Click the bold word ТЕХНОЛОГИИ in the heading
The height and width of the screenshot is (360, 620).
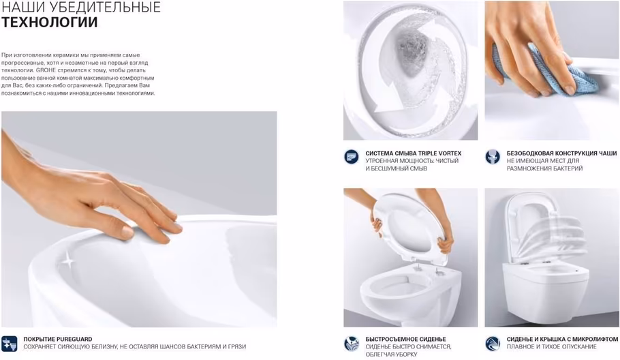coord(50,22)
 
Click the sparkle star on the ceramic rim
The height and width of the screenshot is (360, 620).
coord(68,260)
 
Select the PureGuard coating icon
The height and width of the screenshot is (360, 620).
coord(9,344)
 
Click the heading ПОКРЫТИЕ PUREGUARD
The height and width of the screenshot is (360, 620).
coord(58,339)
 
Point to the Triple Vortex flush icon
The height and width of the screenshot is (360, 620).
coord(351,157)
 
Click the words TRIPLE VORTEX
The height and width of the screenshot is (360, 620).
coord(439,153)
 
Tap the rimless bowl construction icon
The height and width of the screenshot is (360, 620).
coord(493,157)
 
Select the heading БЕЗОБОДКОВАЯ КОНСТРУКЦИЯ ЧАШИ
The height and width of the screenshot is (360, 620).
coord(561,153)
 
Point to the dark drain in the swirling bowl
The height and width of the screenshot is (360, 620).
coord(410,51)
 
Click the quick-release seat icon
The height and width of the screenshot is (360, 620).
coord(351,344)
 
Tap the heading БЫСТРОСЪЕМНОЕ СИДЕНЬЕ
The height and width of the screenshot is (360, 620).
coord(405,339)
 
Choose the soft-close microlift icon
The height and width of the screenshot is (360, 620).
coord(493,344)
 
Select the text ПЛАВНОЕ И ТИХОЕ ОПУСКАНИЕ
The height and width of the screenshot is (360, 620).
coord(552,346)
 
